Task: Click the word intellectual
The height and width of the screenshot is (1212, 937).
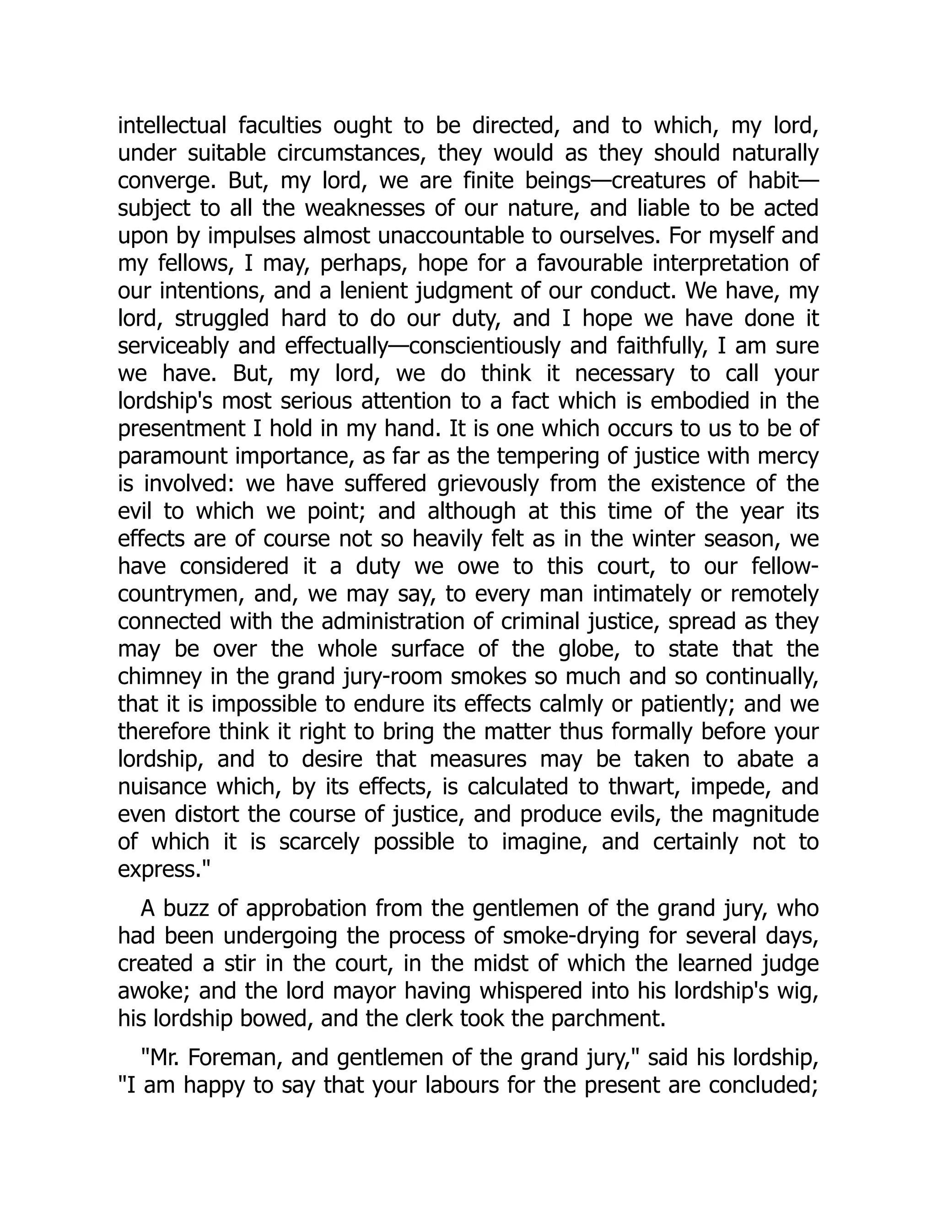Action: point(172,125)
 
